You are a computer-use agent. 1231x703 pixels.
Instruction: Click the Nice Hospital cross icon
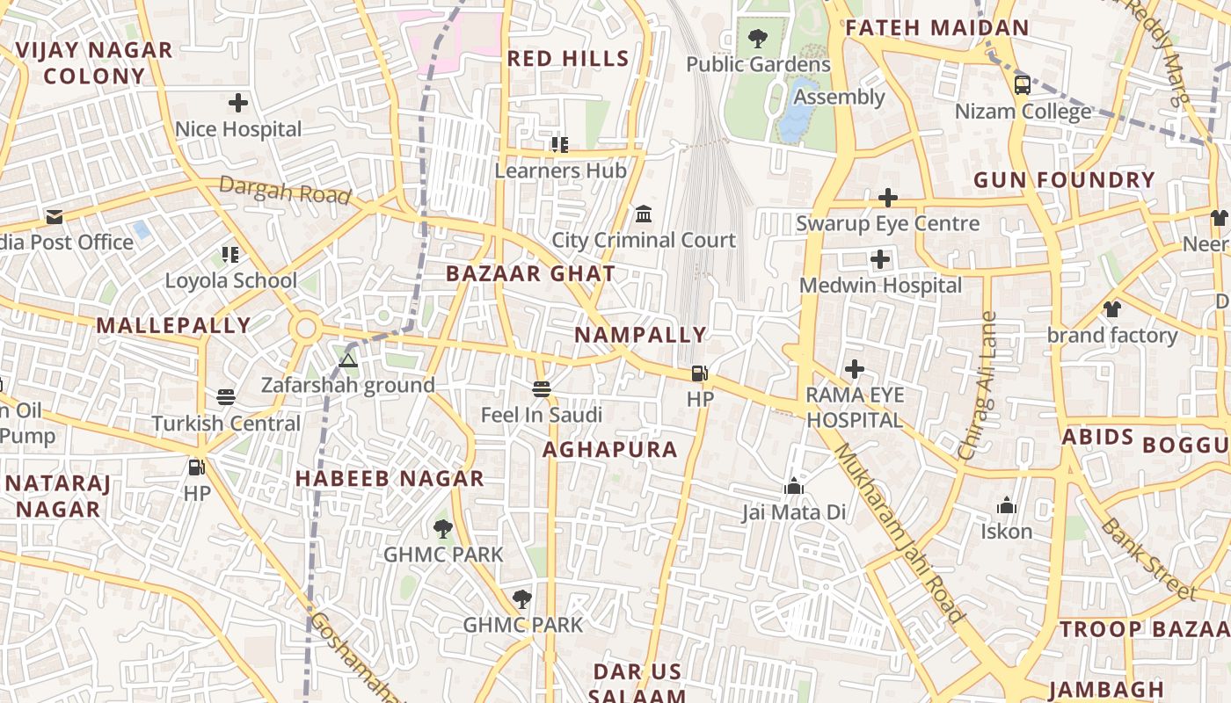tap(238, 103)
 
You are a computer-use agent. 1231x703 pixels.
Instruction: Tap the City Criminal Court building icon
tap(644, 214)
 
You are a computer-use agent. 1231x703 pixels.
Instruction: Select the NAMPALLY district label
tap(640, 335)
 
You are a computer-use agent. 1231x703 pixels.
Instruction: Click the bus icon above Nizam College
tap(1022, 84)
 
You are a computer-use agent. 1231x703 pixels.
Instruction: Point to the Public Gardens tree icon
tap(757, 39)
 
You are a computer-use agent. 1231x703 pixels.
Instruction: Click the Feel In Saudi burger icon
tap(542, 388)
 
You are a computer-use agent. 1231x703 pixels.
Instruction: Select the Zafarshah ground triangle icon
tap(348, 359)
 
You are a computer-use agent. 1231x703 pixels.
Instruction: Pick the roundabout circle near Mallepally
tap(306, 330)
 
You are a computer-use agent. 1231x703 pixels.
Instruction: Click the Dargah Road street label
tap(285, 190)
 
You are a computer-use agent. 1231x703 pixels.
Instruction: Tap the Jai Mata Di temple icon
tap(794, 486)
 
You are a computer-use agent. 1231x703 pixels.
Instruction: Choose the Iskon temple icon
tap(1007, 505)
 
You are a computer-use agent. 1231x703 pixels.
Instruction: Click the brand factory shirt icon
tap(1112, 308)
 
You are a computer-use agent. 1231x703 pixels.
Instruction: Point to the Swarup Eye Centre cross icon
tap(888, 198)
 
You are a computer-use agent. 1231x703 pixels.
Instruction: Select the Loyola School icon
tap(231, 255)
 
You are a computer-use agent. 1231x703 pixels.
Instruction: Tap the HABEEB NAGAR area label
tap(390, 479)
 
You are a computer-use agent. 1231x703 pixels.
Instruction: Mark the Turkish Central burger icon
tap(226, 397)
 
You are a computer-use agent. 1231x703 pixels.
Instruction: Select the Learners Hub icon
tap(559, 144)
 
